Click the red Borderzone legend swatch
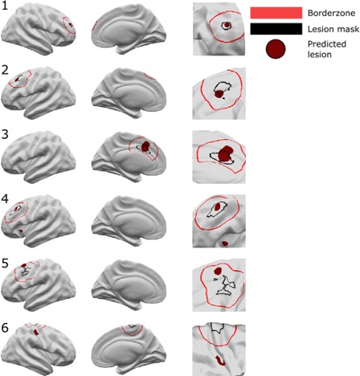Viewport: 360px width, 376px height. (x=276, y=13)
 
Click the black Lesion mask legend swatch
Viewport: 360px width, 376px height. (x=276, y=29)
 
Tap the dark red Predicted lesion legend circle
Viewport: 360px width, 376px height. (x=276, y=49)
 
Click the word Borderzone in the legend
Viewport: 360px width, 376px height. (x=331, y=13)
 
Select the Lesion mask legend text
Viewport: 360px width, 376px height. (x=333, y=29)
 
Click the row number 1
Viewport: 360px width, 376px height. (x=5, y=6)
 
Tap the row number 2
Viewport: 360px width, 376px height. (x=5, y=70)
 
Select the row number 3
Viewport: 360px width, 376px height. (x=5, y=134)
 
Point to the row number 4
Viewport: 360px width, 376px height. (x=5, y=199)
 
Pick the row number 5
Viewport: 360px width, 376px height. (x=5, y=264)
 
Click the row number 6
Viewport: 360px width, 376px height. (x=5, y=328)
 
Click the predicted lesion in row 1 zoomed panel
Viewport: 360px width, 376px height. (x=227, y=25)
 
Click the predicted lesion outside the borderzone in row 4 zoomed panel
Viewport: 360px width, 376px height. (x=225, y=243)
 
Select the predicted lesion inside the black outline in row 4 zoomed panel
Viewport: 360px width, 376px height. (x=218, y=206)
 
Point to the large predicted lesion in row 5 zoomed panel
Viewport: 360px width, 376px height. (x=218, y=271)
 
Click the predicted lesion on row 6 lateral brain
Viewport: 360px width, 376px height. (x=35, y=333)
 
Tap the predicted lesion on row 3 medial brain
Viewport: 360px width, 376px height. (x=145, y=146)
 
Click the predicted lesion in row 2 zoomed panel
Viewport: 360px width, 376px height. (x=219, y=94)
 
